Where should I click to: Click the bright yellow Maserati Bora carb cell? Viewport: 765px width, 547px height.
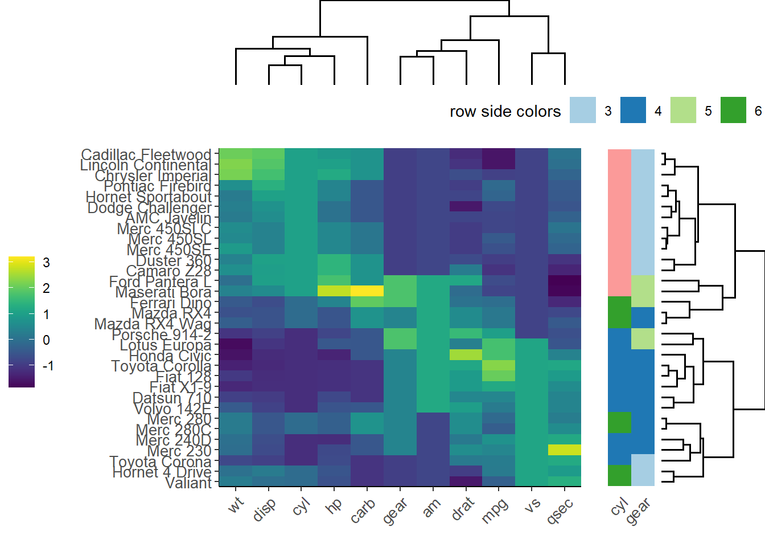tap(367, 291)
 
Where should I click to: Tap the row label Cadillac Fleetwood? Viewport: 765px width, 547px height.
tap(146, 154)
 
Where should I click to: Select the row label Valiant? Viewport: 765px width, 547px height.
tap(188, 483)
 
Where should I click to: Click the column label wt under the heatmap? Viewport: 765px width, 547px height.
tap(236, 504)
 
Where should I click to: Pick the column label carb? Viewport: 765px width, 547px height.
tap(363, 510)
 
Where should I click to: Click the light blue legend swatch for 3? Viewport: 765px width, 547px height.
tap(583, 110)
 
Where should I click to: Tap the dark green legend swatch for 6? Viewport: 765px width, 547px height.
tap(733, 110)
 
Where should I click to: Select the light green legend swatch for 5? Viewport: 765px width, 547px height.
tap(683, 110)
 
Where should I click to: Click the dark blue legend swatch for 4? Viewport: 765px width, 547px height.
tap(633, 110)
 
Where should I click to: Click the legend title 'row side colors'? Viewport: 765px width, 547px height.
tap(505, 111)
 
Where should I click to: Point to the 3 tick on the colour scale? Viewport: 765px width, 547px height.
tap(46, 263)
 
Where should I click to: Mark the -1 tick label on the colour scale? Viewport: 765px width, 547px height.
tap(48, 366)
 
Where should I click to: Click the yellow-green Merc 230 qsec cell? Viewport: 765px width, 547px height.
tap(564, 450)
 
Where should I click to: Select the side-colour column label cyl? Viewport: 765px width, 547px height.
tap(619, 505)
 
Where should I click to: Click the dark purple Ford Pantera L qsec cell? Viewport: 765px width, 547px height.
tap(564, 280)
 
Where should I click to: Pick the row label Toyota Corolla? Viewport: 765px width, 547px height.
tap(161, 366)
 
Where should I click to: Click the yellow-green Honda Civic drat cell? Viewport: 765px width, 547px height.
tap(466, 354)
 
